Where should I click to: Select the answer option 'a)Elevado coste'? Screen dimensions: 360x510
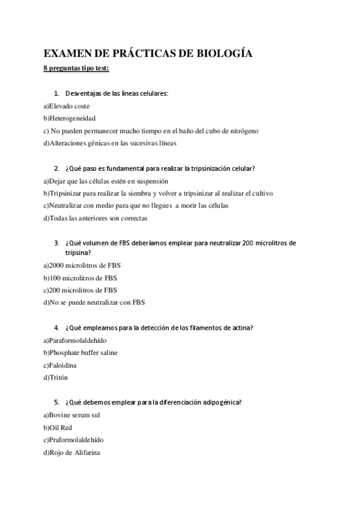coord(67,106)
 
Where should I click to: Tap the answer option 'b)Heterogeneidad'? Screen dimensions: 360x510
coord(69,118)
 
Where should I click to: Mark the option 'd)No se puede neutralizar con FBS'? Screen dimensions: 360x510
coord(94,303)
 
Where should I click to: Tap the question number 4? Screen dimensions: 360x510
coord(56,328)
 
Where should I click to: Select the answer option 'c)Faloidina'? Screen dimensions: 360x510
coord(59,365)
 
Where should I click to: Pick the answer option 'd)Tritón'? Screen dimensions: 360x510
coord(56,378)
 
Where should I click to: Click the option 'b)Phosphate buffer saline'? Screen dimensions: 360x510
coord(80,352)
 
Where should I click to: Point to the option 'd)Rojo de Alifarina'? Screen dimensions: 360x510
coord(72,452)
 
